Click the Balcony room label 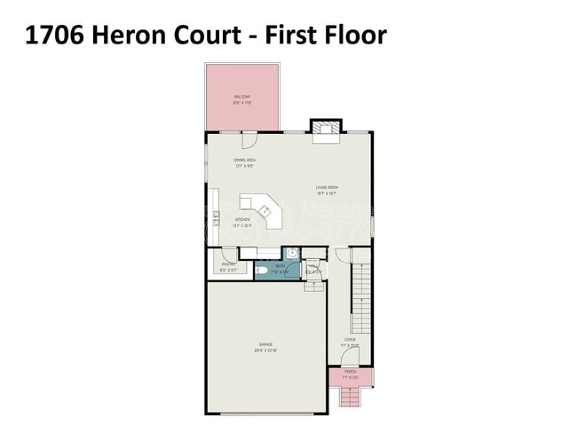point(241,98)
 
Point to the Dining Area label point(245,161)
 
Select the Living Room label point(327,188)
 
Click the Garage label point(266,344)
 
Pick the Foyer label point(350,339)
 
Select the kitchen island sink point(264,210)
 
